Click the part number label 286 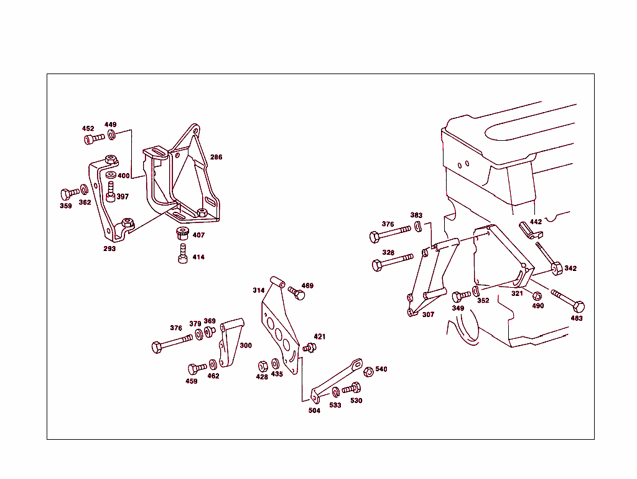(x=216, y=157)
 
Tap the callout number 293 (x=109, y=249)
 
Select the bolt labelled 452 (x=95, y=139)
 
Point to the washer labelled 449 (x=112, y=135)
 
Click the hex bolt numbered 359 (x=70, y=193)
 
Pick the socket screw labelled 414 (x=183, y=254)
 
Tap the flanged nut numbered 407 (x=182, y=234)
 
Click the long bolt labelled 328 (x=393, y=262)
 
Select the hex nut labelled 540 (x=368, y=372)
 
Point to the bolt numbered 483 (x=568, y=300)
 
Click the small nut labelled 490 (x=537, y=296)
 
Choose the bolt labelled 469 (x=297, y=293)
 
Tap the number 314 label (x=258, y=290)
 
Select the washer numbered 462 (x=213, y=364)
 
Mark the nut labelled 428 (x=263, y=366)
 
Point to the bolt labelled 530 (x=351, y=388)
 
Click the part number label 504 (x=314, y=410)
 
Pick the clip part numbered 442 (x=530, y=230)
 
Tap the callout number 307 (x=428, y=315)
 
